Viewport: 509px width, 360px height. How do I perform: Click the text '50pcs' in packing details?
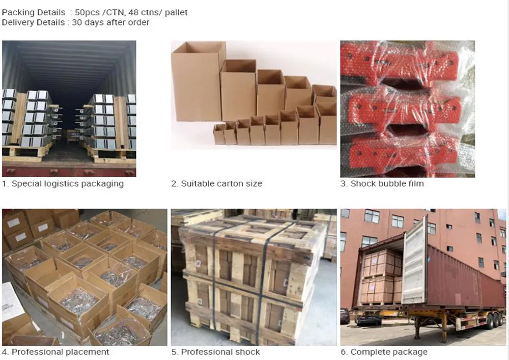[87, 12]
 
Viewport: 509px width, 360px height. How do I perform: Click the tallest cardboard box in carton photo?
[197, 81]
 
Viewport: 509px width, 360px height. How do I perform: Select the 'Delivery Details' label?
[33, 22]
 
